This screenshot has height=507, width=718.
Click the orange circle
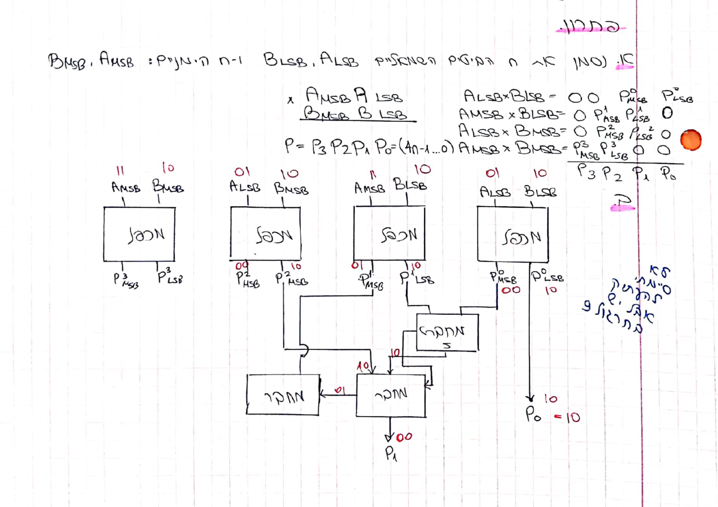coord(691,140)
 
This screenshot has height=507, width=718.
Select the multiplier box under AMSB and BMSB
coord(139,234)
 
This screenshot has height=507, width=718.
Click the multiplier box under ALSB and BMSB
coord(265,233)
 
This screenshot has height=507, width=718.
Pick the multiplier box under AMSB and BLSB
coord(389,233)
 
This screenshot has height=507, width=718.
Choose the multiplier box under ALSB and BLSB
coord(512,234)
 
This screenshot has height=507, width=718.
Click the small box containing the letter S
coord(447,333)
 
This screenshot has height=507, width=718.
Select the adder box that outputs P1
coord(391,395)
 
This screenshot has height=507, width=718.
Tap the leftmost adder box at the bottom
coord(283,395)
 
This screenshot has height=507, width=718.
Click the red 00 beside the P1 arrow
coord(404,437)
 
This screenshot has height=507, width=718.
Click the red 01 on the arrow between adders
coord(340,390)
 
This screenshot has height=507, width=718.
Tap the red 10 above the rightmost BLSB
coord(540,173)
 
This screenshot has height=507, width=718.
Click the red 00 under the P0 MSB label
coord(511,290)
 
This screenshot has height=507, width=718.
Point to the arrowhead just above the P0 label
coord(530,398)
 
